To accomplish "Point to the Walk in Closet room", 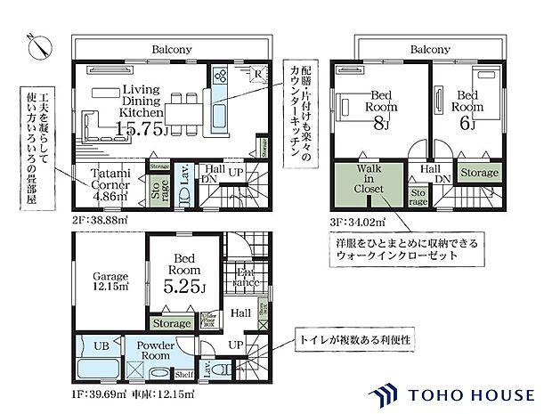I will tap(367, 183).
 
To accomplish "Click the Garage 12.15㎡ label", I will tap(110, 281).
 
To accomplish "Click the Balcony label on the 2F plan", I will tap(171, 50).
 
